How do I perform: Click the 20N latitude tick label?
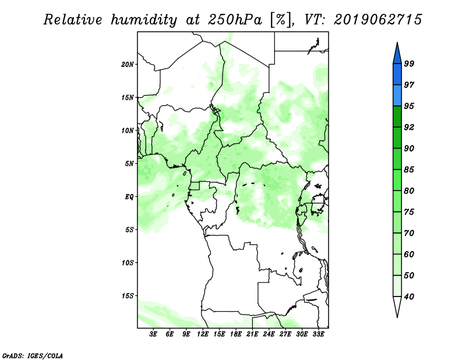[x=128, y=65]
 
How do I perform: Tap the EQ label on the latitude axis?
[x=129, y=197]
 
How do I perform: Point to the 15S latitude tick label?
[x=128, y=296]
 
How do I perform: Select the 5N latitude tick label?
[x=129, y=164]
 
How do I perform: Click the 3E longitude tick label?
[x=153, y=334]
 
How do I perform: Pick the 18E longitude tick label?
[x=236, y=334]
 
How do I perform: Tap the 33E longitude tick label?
[x=318, y=334]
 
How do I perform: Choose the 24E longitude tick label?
[x=269, y=334]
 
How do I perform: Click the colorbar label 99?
[x=409, y=63]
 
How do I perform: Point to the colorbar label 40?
[x=409, y=297]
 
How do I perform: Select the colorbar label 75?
[x=409, y=211]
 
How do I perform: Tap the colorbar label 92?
[x=409, y=127]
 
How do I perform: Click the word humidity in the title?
[x=144, y=20]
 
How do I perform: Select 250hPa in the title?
[x=235, y=20]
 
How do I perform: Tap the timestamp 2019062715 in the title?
[x=377, y=20]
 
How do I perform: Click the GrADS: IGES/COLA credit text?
[x=33, y=355]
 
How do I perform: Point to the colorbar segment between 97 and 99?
[x=397, y=75]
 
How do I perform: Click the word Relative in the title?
[x=73, y=20]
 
